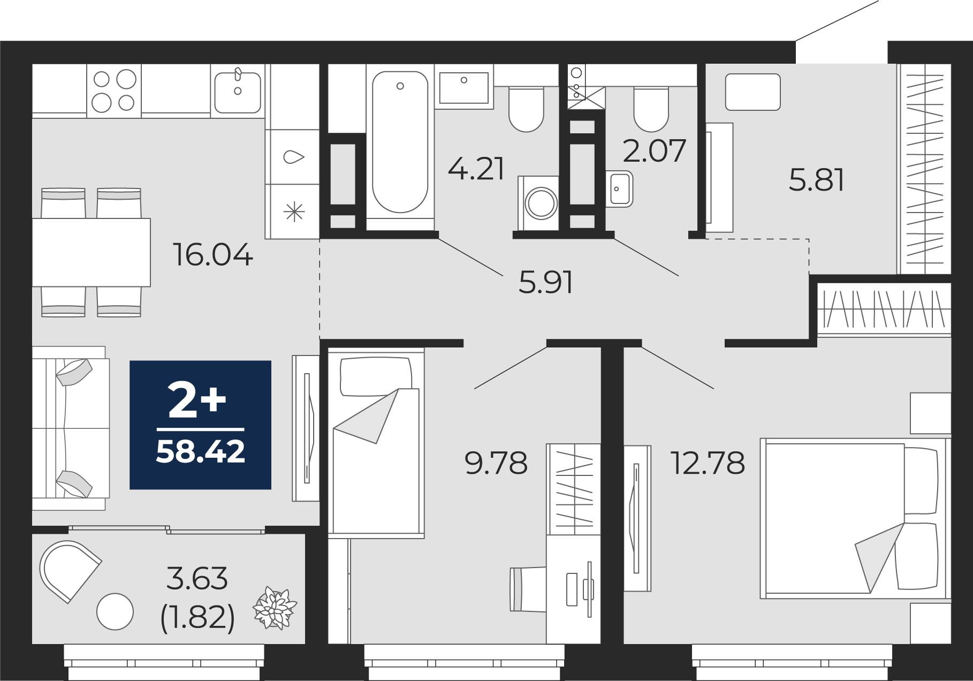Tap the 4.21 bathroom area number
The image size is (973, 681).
pos(476,169)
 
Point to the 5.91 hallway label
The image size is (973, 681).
pos(546,282)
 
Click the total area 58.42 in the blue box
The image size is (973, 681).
pos(201,451)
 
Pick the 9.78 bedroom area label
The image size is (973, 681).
pos(496,463)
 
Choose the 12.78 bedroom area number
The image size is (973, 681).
pos(708,463)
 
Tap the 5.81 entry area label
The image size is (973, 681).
pos(817,180)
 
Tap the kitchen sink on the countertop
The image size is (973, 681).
pos(238,90)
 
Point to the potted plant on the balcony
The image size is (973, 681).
pos(275,608)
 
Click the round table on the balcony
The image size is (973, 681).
pos(115,612)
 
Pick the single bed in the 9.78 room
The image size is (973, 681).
pos(376,441)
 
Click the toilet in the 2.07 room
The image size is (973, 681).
pos(651,109)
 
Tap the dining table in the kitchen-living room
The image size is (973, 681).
pos(92,252)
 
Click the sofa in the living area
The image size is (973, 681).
pos(71,428)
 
